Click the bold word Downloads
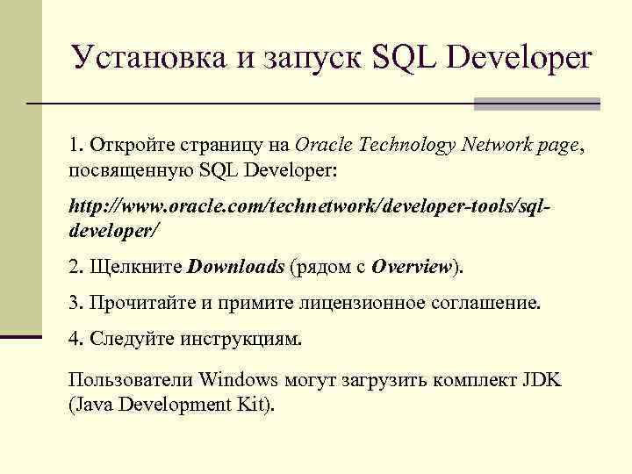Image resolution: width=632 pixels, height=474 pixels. coord(236,266)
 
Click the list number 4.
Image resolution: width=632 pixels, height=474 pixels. coord(74,339)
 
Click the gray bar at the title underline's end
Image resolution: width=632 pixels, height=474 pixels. coord(536,104)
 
